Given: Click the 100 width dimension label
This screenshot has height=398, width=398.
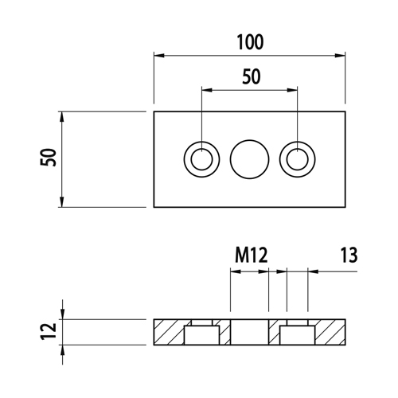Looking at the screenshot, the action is pos(250,42).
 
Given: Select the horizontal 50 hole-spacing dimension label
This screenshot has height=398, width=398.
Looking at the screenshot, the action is pos(252,76).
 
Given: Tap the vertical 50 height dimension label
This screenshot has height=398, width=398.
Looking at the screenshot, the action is pos(49,158).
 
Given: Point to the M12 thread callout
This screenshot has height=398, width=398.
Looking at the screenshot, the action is pos(252,256).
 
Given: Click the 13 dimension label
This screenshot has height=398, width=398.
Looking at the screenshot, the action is pos(349,256).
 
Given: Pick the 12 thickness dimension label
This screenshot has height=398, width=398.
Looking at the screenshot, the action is pos(49,331).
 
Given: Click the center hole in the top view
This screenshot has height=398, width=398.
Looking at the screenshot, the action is pos(249,159).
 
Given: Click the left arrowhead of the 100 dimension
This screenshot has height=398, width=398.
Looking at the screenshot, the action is pos(159,56).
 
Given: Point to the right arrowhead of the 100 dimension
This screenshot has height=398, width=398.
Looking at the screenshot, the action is pos(340,56).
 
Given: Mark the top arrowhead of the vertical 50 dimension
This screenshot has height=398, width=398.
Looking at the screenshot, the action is pos(62,117).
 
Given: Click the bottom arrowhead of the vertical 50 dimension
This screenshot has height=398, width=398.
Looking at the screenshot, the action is pos(62,201).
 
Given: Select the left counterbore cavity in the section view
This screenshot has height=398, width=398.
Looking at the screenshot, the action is pos(201,335).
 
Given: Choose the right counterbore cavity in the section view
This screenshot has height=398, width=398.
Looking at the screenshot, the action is pos(298,335).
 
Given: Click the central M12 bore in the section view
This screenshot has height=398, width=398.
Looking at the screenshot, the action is pos(249,332).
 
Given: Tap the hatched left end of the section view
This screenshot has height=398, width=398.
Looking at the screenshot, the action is pos(169,332).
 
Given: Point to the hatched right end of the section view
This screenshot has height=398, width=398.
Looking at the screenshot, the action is pos(330,332).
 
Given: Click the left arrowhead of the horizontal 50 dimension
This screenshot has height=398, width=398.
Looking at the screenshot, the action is pos(207,90).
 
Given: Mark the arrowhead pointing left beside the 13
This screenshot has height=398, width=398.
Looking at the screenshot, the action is pos(313,271).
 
